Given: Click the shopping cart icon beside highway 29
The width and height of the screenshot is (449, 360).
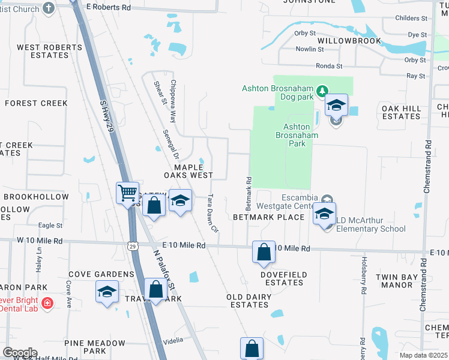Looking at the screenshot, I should point(127,193).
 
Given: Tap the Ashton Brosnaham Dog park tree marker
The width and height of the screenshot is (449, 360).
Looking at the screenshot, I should point(323,90).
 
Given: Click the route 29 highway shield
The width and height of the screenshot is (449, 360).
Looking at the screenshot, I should point(133,245).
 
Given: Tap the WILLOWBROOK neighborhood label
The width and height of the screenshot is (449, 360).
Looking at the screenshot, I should point(349,41).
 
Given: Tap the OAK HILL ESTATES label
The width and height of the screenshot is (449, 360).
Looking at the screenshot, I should point(402,112).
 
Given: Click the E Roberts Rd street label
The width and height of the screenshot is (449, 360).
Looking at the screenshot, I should point(108,7).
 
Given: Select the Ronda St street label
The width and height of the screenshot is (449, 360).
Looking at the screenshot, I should point(329,66).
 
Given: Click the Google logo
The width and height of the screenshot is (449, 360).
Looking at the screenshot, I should point(20,353).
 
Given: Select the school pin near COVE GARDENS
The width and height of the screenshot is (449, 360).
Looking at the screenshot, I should point(107,293).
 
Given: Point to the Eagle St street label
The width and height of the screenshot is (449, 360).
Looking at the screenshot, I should point(50,226).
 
